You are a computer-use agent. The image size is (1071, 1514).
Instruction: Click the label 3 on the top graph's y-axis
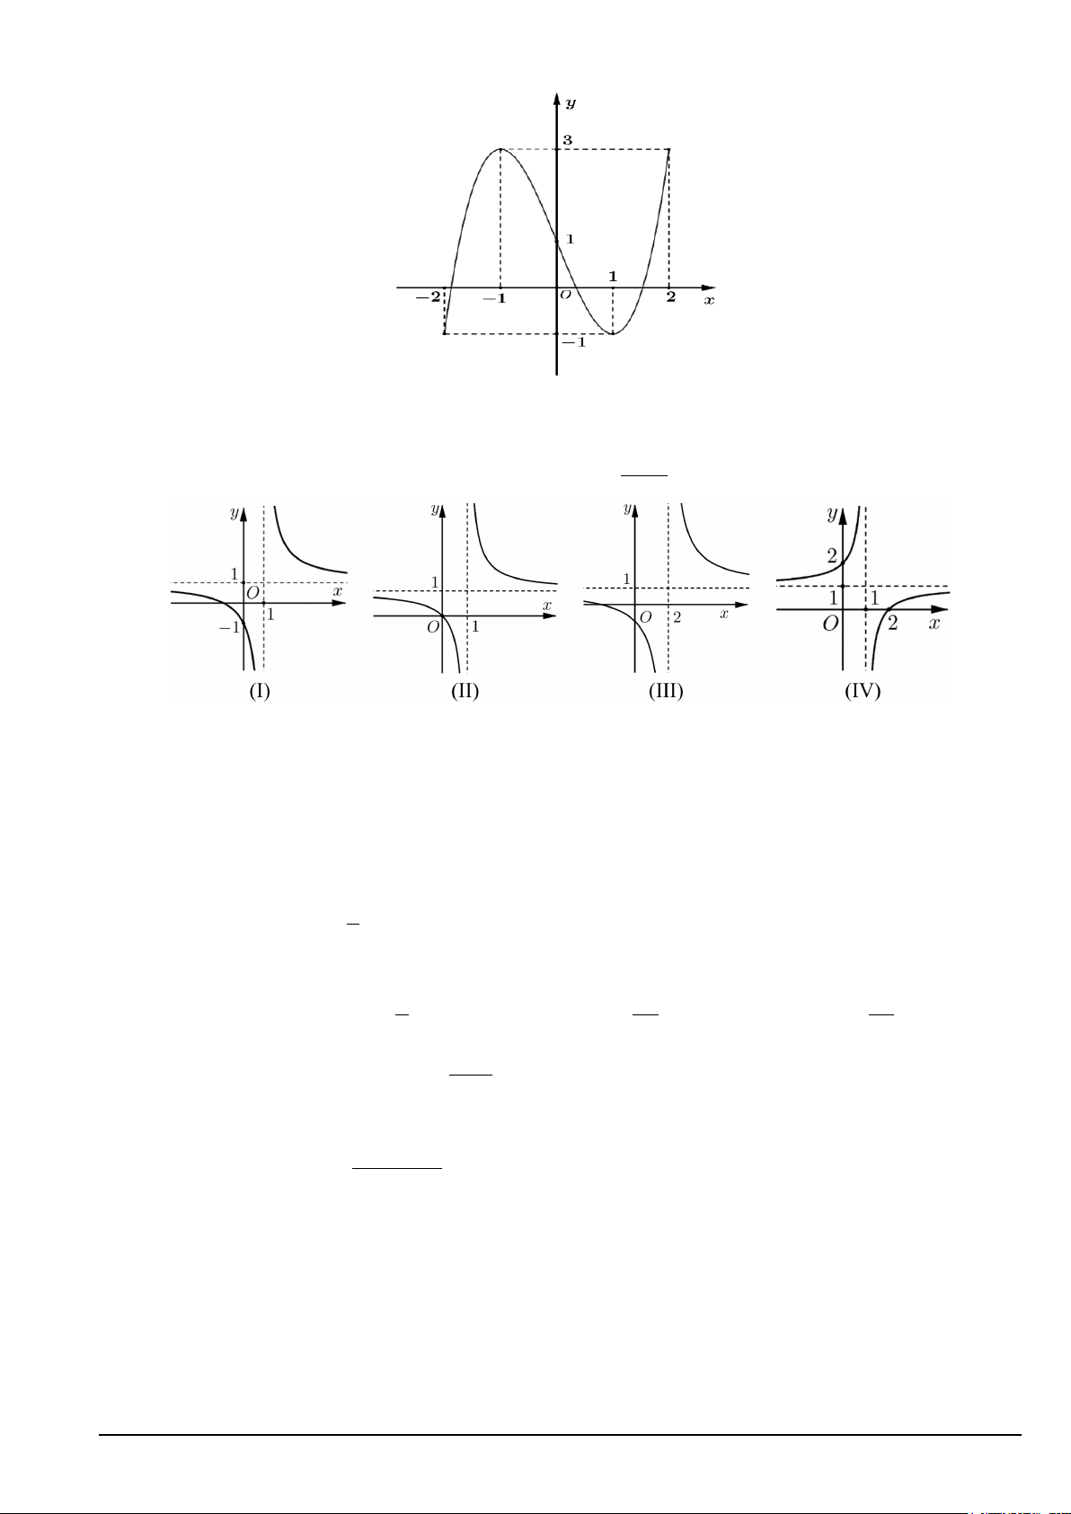point(567,140)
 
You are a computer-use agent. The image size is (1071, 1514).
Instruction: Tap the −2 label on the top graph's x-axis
point(428,297)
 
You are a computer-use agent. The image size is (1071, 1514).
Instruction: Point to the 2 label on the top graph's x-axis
point(670,297)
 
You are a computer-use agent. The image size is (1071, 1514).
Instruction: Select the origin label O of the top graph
point(565,295)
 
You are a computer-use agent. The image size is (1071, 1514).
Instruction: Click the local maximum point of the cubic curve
point(500,149)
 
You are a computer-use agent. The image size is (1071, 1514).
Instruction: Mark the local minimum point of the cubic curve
point(613,334)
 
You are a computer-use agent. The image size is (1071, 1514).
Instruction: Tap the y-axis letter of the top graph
point(571,102)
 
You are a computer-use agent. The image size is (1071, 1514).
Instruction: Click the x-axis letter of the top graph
point(709,300)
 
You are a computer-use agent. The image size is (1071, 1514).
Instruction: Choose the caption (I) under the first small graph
point(260,691)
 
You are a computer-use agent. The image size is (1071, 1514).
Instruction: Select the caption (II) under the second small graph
point(465,691)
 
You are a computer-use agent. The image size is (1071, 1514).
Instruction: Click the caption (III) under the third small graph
point(666,691)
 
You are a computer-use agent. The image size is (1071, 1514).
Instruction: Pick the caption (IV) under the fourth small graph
point(863,691)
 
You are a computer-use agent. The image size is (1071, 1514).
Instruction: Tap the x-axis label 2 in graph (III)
point(677,617)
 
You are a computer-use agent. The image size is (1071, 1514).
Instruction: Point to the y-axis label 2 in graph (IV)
point(832,556)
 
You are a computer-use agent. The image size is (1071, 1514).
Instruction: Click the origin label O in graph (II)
point(433,626)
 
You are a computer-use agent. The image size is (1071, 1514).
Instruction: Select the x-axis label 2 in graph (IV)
point(892,622)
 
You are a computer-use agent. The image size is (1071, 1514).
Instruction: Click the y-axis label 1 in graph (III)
point(626,579)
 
